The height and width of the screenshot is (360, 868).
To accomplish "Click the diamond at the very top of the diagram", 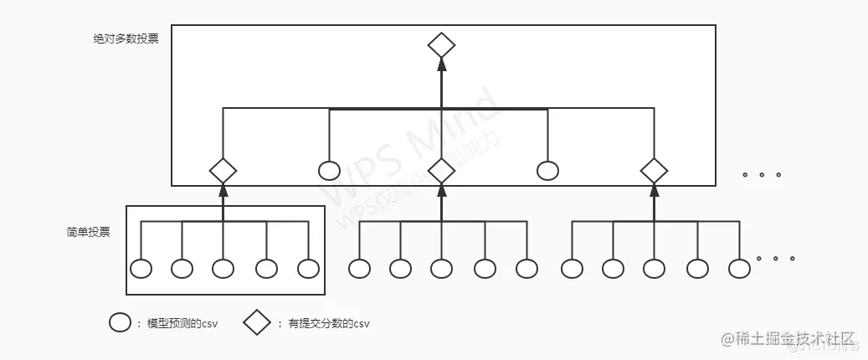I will point(441,45).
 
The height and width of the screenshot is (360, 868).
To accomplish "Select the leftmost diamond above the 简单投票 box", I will point(223,171).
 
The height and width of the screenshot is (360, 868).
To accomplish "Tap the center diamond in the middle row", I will point(441,171).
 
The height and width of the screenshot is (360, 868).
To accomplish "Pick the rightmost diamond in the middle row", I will point(654,171).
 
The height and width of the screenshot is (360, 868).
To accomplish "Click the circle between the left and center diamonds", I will point(330,171).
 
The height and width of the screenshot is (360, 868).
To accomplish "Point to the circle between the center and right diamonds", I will point(547,171).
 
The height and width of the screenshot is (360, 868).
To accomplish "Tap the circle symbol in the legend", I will point(120,322).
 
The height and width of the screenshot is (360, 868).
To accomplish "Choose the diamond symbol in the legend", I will point(258,322).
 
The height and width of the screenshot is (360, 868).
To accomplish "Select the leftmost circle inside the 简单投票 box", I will point(141,269).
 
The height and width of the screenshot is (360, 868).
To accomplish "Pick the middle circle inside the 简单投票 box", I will point(223,269).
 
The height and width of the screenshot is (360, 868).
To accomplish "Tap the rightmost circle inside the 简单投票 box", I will point(308,269).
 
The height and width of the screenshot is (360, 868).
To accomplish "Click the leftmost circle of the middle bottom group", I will point(359,269).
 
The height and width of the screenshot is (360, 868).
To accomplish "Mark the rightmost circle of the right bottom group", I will point(738,269).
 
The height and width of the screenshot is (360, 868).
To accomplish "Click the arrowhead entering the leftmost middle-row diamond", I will point(223,190).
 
